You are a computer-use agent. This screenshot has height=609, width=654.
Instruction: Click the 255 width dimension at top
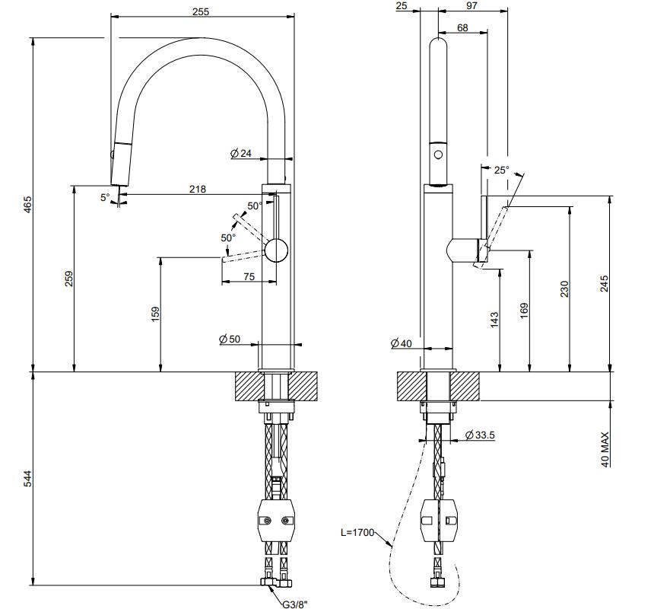[x=201, y=11]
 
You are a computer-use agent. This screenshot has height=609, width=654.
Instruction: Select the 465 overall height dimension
[x=27, y=205]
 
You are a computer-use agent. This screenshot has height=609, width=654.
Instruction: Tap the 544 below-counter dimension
[x=27, y=478]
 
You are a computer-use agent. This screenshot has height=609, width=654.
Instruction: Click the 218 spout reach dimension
[x=197, y=189]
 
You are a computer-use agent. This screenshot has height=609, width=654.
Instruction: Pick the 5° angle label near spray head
[x=105, y=197]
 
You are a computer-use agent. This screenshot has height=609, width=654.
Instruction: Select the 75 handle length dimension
[x=249, y=277]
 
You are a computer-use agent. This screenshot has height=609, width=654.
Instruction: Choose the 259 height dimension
[x=68, y=279]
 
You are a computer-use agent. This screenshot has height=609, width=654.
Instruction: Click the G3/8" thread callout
[x=293, y=603]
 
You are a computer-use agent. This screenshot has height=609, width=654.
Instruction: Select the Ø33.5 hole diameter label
[x=480, y=435]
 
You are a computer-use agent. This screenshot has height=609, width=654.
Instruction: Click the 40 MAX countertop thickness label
[x=605, y=448]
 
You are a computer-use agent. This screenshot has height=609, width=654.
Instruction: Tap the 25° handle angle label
[x=502, y=171]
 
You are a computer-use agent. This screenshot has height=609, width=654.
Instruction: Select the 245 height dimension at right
[x=605, y=283]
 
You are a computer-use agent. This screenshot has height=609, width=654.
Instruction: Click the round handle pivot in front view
[x=277, y=250]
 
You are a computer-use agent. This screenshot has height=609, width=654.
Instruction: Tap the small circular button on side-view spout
[x=437, y=155]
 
